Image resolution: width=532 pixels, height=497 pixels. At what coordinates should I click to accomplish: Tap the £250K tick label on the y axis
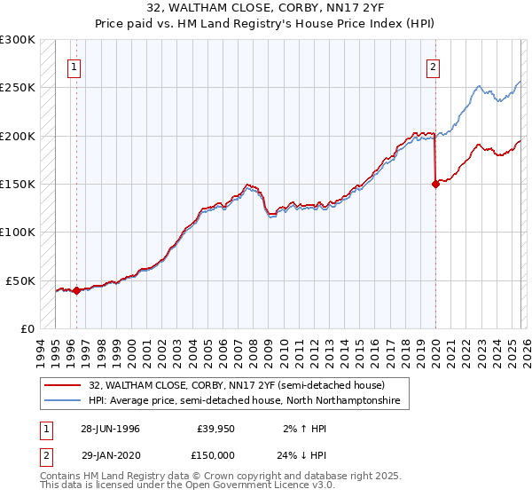(x=18, y=88)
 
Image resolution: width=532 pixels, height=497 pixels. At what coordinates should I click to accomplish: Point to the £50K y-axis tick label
(x=20, y=280)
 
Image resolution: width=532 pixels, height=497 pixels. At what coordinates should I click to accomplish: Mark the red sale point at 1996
(x=76, y=289)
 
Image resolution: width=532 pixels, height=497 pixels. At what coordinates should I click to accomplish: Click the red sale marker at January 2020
(x=435, y=185)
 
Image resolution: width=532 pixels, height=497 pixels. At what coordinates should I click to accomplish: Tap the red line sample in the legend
(x=63, y=386)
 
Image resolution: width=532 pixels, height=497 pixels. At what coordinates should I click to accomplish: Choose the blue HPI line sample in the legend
(x=63, y=401)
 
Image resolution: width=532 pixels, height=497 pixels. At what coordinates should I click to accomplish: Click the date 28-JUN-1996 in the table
(x=110, y=429)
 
